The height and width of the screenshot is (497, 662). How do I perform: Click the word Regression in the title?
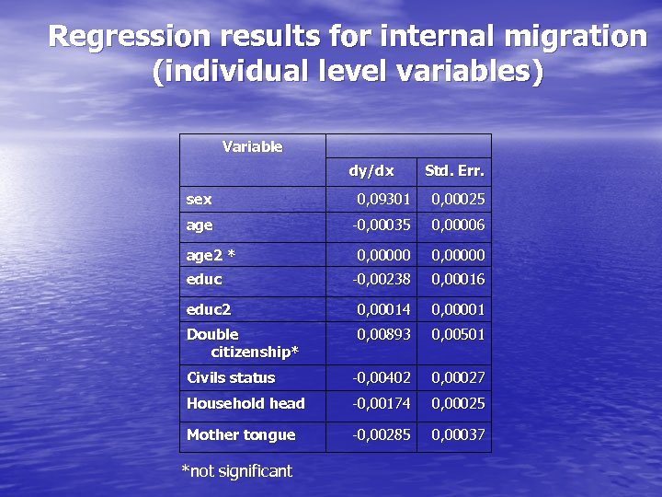click(x=116, y=37)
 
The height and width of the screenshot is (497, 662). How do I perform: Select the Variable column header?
click(x=252, y=146)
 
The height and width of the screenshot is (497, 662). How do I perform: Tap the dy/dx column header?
click(x=371, y=170)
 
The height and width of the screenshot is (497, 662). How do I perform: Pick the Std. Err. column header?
click(x=454, y=170)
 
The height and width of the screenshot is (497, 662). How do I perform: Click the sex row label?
click(x=199, y=199)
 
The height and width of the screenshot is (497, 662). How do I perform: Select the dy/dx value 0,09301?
click(x=383, y=199)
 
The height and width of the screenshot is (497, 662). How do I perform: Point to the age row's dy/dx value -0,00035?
click(x=381, y=225)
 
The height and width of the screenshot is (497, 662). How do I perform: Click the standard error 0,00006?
click(x=458, y=225)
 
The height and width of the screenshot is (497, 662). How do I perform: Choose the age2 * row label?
click(x=211, y=255)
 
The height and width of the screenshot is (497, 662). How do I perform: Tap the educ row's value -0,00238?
click(x=381, y=279)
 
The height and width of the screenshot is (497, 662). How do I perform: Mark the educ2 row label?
click(x=209, y=309)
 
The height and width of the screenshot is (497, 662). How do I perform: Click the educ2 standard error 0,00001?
click(x=458, y=309)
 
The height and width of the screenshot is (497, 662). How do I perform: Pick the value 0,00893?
click(x=383, y=334)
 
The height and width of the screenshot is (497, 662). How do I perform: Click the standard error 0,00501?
click(x=458, y=334)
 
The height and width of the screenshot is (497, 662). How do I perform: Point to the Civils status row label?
click(x=231, y=377)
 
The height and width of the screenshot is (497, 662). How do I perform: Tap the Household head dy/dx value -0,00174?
click(x=381, y=403)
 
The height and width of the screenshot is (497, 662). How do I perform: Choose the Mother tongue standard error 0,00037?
click(x=458, y=434)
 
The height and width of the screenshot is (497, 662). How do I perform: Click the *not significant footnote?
click(x=236, y=471)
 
